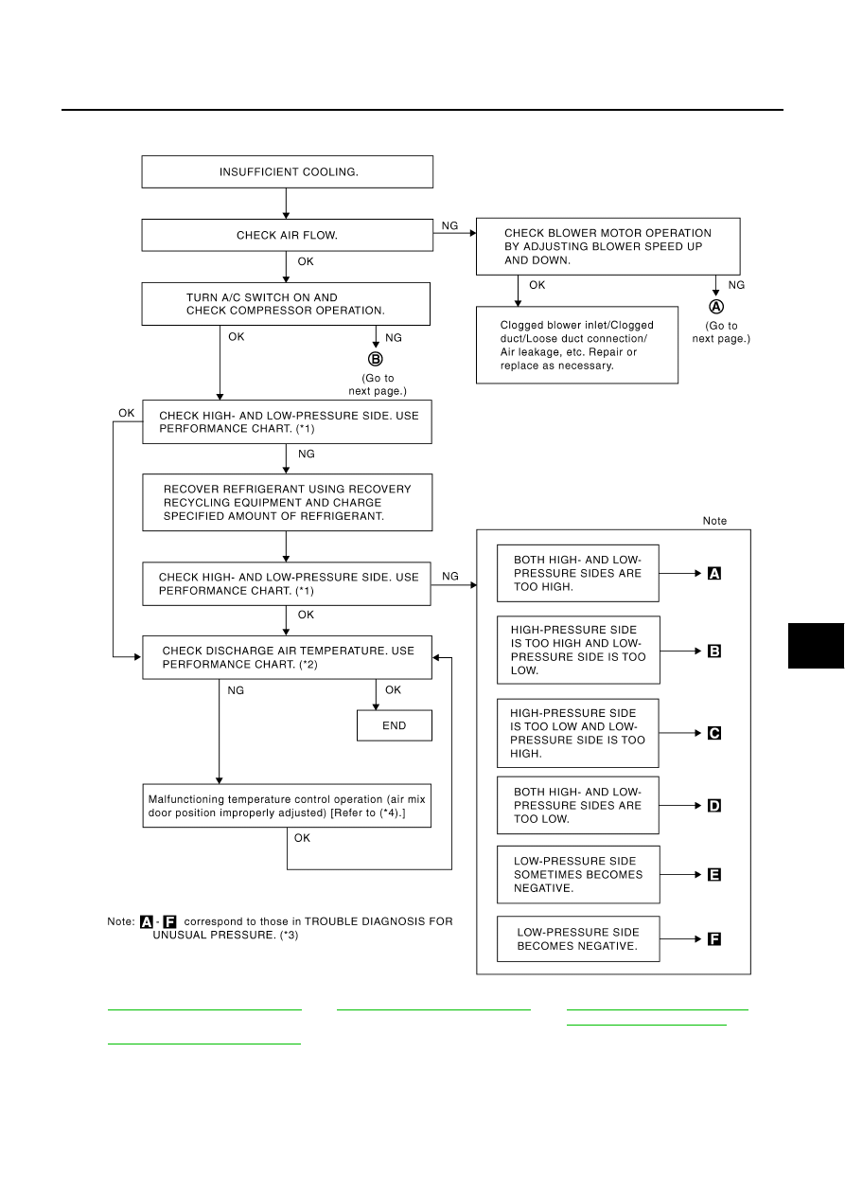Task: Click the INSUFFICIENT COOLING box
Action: (287, 172)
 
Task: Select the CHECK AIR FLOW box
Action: (287, 235)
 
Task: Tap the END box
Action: (395, 725)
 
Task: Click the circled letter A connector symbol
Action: (716, 307)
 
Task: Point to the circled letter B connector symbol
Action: (376, 359)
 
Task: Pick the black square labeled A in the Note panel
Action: (713, 574)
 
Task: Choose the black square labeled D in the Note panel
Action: (713, 805)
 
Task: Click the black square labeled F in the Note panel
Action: (713, 938)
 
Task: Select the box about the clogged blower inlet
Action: (576, 345)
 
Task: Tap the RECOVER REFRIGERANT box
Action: (287, 503)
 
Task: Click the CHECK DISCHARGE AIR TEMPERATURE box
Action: (287, 657)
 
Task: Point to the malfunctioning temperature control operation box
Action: (287, 806)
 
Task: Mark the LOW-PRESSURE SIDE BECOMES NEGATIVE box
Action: (578, 939)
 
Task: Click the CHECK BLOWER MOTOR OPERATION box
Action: (608, 246)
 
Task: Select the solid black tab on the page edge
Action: (817, 646)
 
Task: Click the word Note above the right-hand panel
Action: (714, 521)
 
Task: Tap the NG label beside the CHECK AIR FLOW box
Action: (449, 226)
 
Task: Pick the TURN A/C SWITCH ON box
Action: (286, 304)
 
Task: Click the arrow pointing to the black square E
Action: (680, 875)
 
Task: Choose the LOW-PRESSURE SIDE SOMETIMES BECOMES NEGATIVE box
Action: (578, 875)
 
